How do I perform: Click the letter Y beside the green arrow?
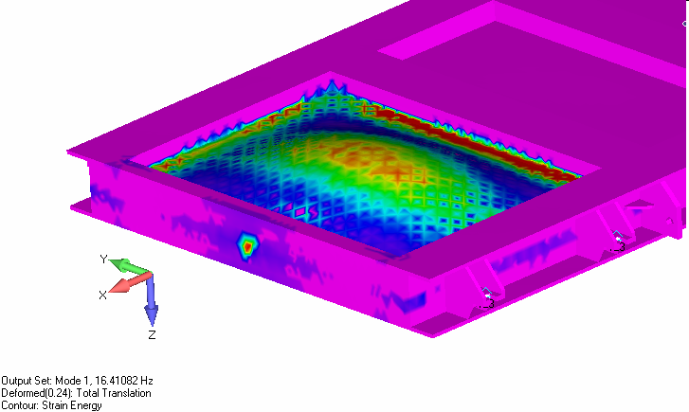click(103, 260)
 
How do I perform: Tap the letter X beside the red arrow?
click(102, 296)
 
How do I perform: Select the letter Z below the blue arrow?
click(152, 334)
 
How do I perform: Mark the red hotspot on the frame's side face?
click(247, 247)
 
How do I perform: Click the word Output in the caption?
click(15, 381)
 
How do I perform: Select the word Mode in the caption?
click(65, 381)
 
